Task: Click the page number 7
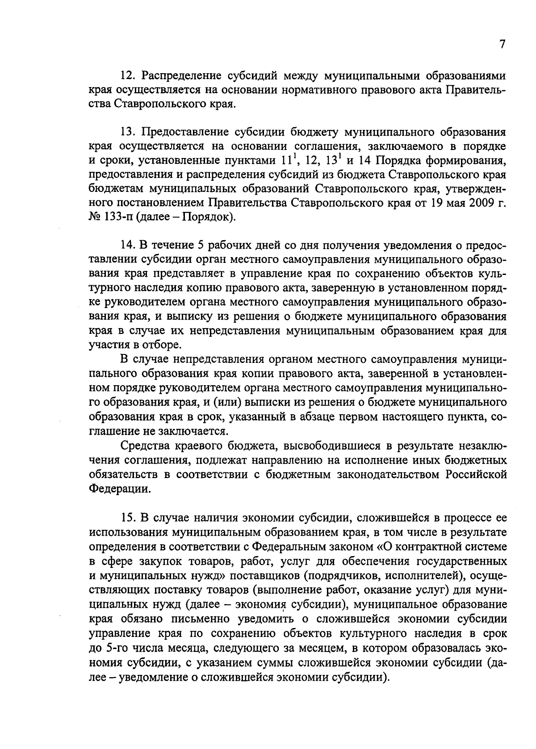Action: pos(502,45)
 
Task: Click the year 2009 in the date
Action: pos(481,203)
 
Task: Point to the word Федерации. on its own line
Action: pos(120,488)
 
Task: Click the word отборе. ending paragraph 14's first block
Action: pos(150,345)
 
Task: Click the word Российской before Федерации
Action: pos(476,474)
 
